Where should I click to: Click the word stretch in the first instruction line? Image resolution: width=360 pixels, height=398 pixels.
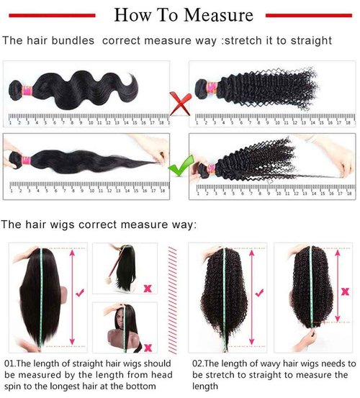(x=243, y=41)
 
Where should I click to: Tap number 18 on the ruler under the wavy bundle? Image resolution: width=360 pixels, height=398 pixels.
(x=164, y=123)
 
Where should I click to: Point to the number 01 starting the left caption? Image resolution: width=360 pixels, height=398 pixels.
(x=11, y=364)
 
